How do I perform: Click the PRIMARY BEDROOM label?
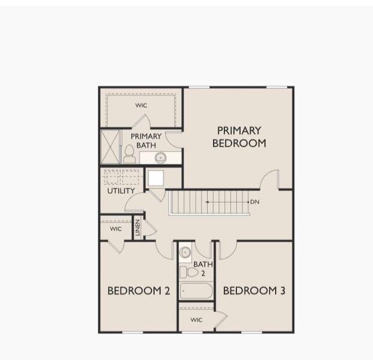pyautogui.click(x=238, y=137)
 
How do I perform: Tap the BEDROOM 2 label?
pyautogui.click(x=139, y=291)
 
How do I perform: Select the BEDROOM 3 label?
pyautogui.click(x=254, y=291)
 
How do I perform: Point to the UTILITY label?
pyautogui.click(x=121, y=191)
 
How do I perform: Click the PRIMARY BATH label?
pyautogui.click(x=146, y=140)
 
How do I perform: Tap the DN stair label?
pyautogui.click(x=255, y=202)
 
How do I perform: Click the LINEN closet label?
pyautogui.click(x=138, y=227)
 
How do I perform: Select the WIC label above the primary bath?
pyautogui.click(x=141, y=106)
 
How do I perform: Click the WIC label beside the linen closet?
pyautogui.click(x=116, y=229)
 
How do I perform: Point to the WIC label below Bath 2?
pyautogui.click(x=196, y=320)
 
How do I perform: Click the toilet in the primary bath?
pyautogui.click(x=129, y=154)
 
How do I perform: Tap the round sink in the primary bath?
pyautogui.click(x=160, y=158)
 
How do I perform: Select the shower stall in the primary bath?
pyautogui.click(x=111, y=147)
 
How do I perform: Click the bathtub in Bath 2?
pyautogui.click(x=196, y=291)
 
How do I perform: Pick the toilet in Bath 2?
pyautogui.click(x=188, y=272)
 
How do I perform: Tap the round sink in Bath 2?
pyautogui.click(x=186, y=253)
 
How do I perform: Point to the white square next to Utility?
pyautogui.click(x=156, y=178)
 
